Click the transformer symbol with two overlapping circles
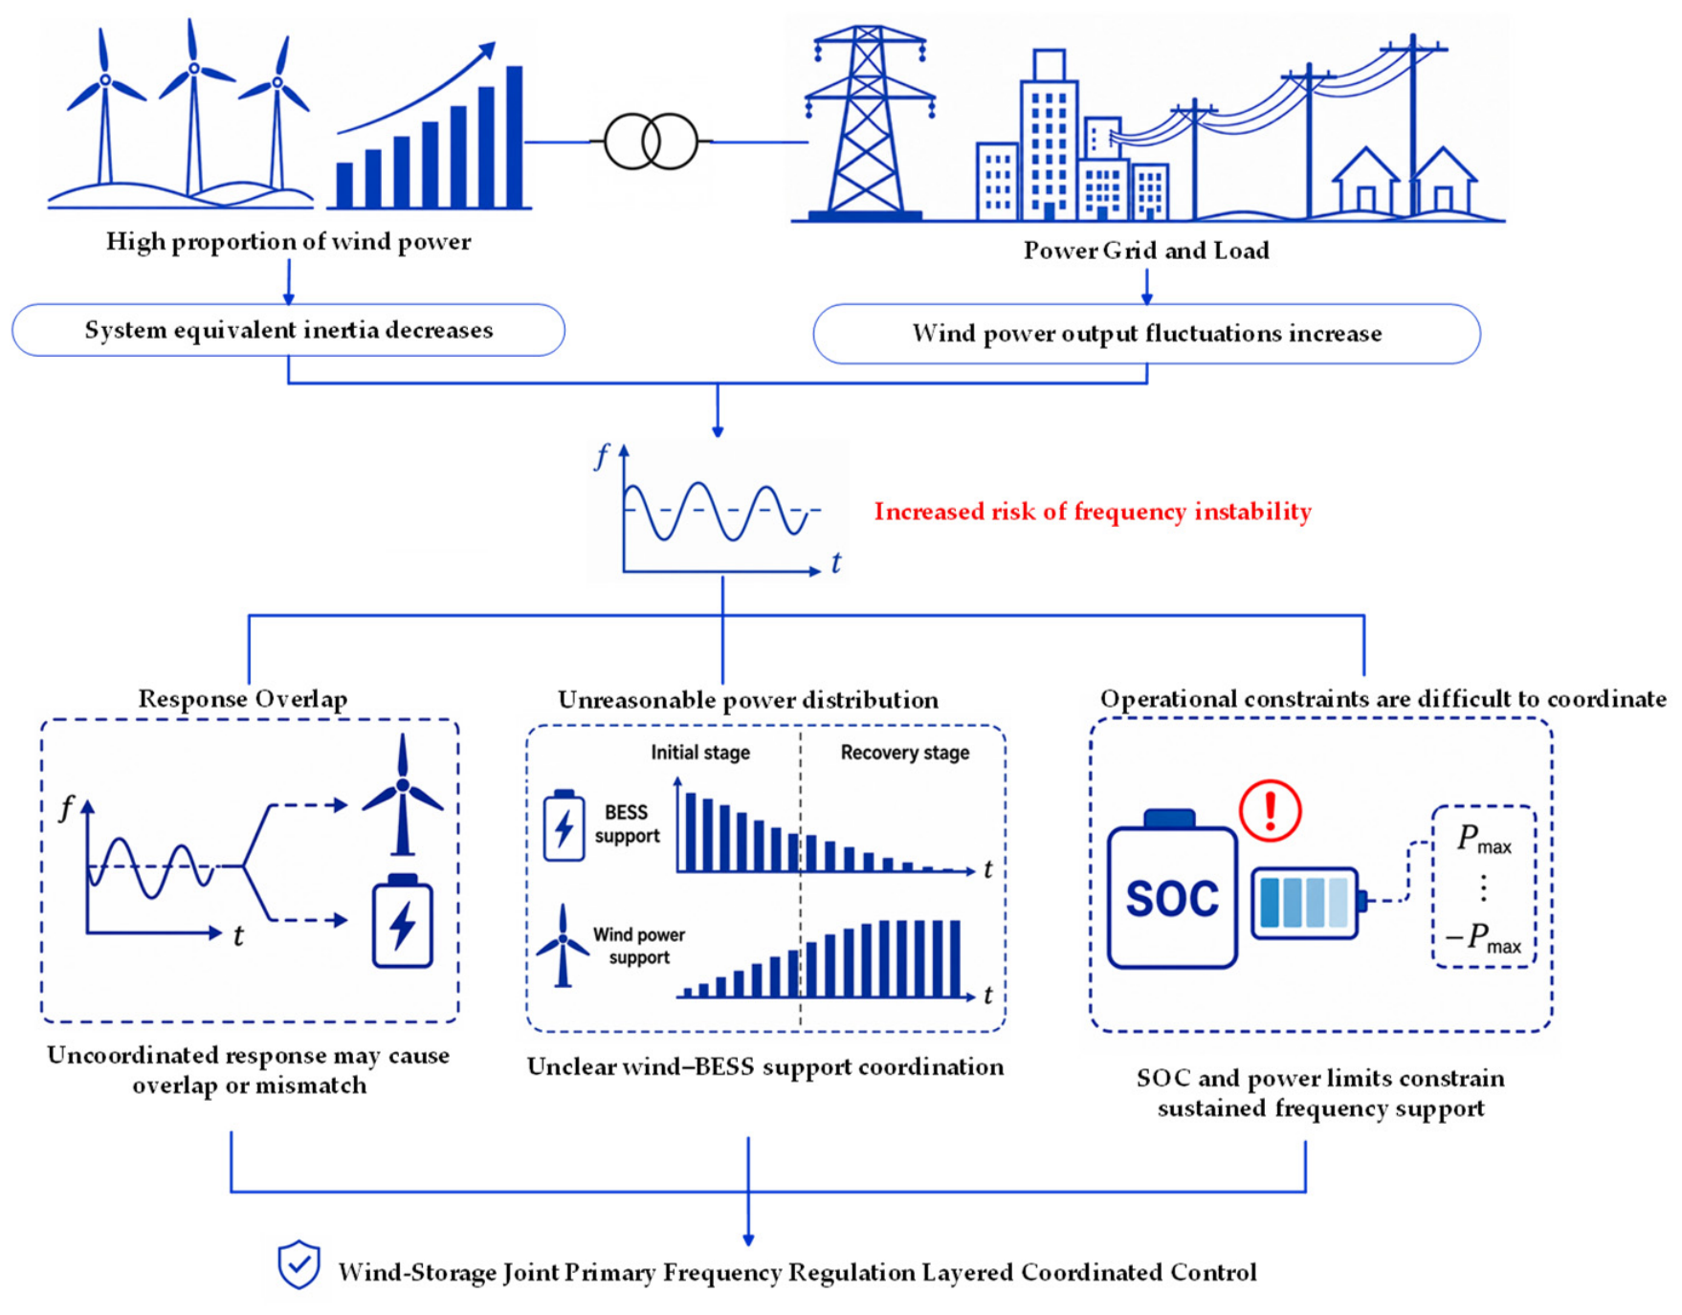[651, 142]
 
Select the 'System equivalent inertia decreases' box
[288, 330]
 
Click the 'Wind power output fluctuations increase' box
[1146, 334]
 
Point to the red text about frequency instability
[1093, 512]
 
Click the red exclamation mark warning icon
[1270, 811]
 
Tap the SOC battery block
[1171, 888]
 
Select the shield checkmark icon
[299, 1264]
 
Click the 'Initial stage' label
[700, 753]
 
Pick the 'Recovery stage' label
[905, 753]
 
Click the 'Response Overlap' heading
[243, 699]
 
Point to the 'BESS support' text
[627, 823]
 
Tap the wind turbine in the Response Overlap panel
[403, 794]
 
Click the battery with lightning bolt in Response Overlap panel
[403, 921]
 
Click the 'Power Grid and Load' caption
[1146, 251]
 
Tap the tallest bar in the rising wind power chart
[515, 137]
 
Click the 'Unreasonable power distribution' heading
[748, 700]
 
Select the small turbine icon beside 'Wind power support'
[563, 946]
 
